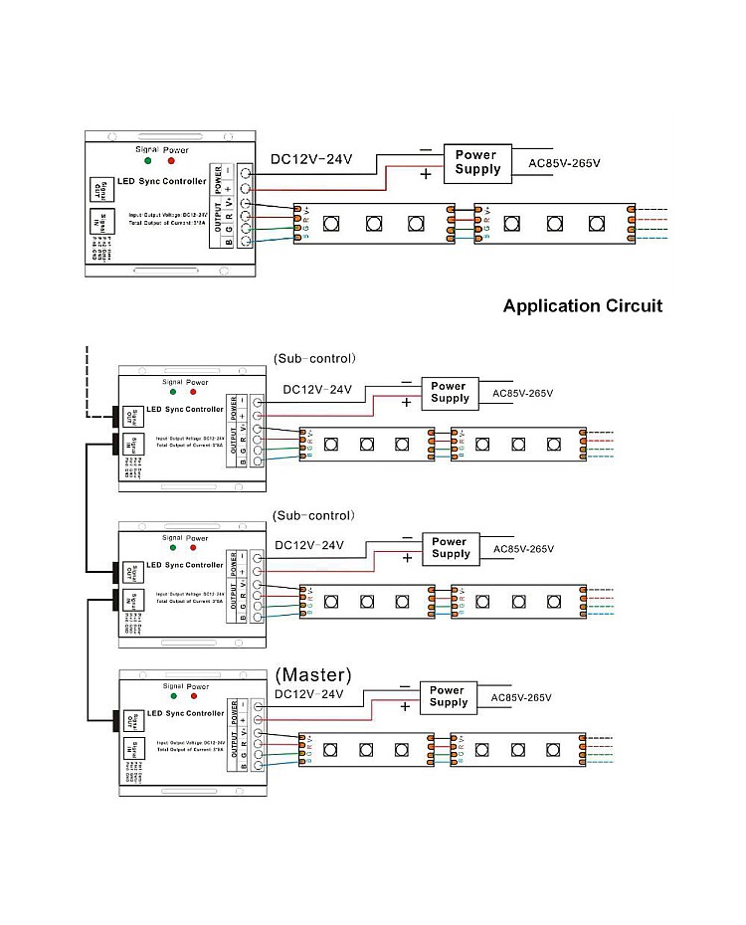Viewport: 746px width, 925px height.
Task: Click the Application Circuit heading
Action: (582, 305)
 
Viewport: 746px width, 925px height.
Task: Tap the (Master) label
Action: (314, 675)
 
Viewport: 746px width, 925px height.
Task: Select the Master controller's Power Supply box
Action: (448, 696)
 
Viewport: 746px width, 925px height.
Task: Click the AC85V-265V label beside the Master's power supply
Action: (521, 697)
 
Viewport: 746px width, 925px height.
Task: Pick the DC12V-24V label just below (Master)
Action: (308, 694)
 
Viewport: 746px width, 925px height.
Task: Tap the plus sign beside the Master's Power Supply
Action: (405, 707)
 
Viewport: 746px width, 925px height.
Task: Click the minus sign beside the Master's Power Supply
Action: (404, 685)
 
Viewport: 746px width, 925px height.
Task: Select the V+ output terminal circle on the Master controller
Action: (259, 734)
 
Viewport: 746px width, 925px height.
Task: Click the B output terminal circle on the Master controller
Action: (259, 767)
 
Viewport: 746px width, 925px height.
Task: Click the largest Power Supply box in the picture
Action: (478, 162)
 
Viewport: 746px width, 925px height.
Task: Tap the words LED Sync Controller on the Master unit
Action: (185, 714)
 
